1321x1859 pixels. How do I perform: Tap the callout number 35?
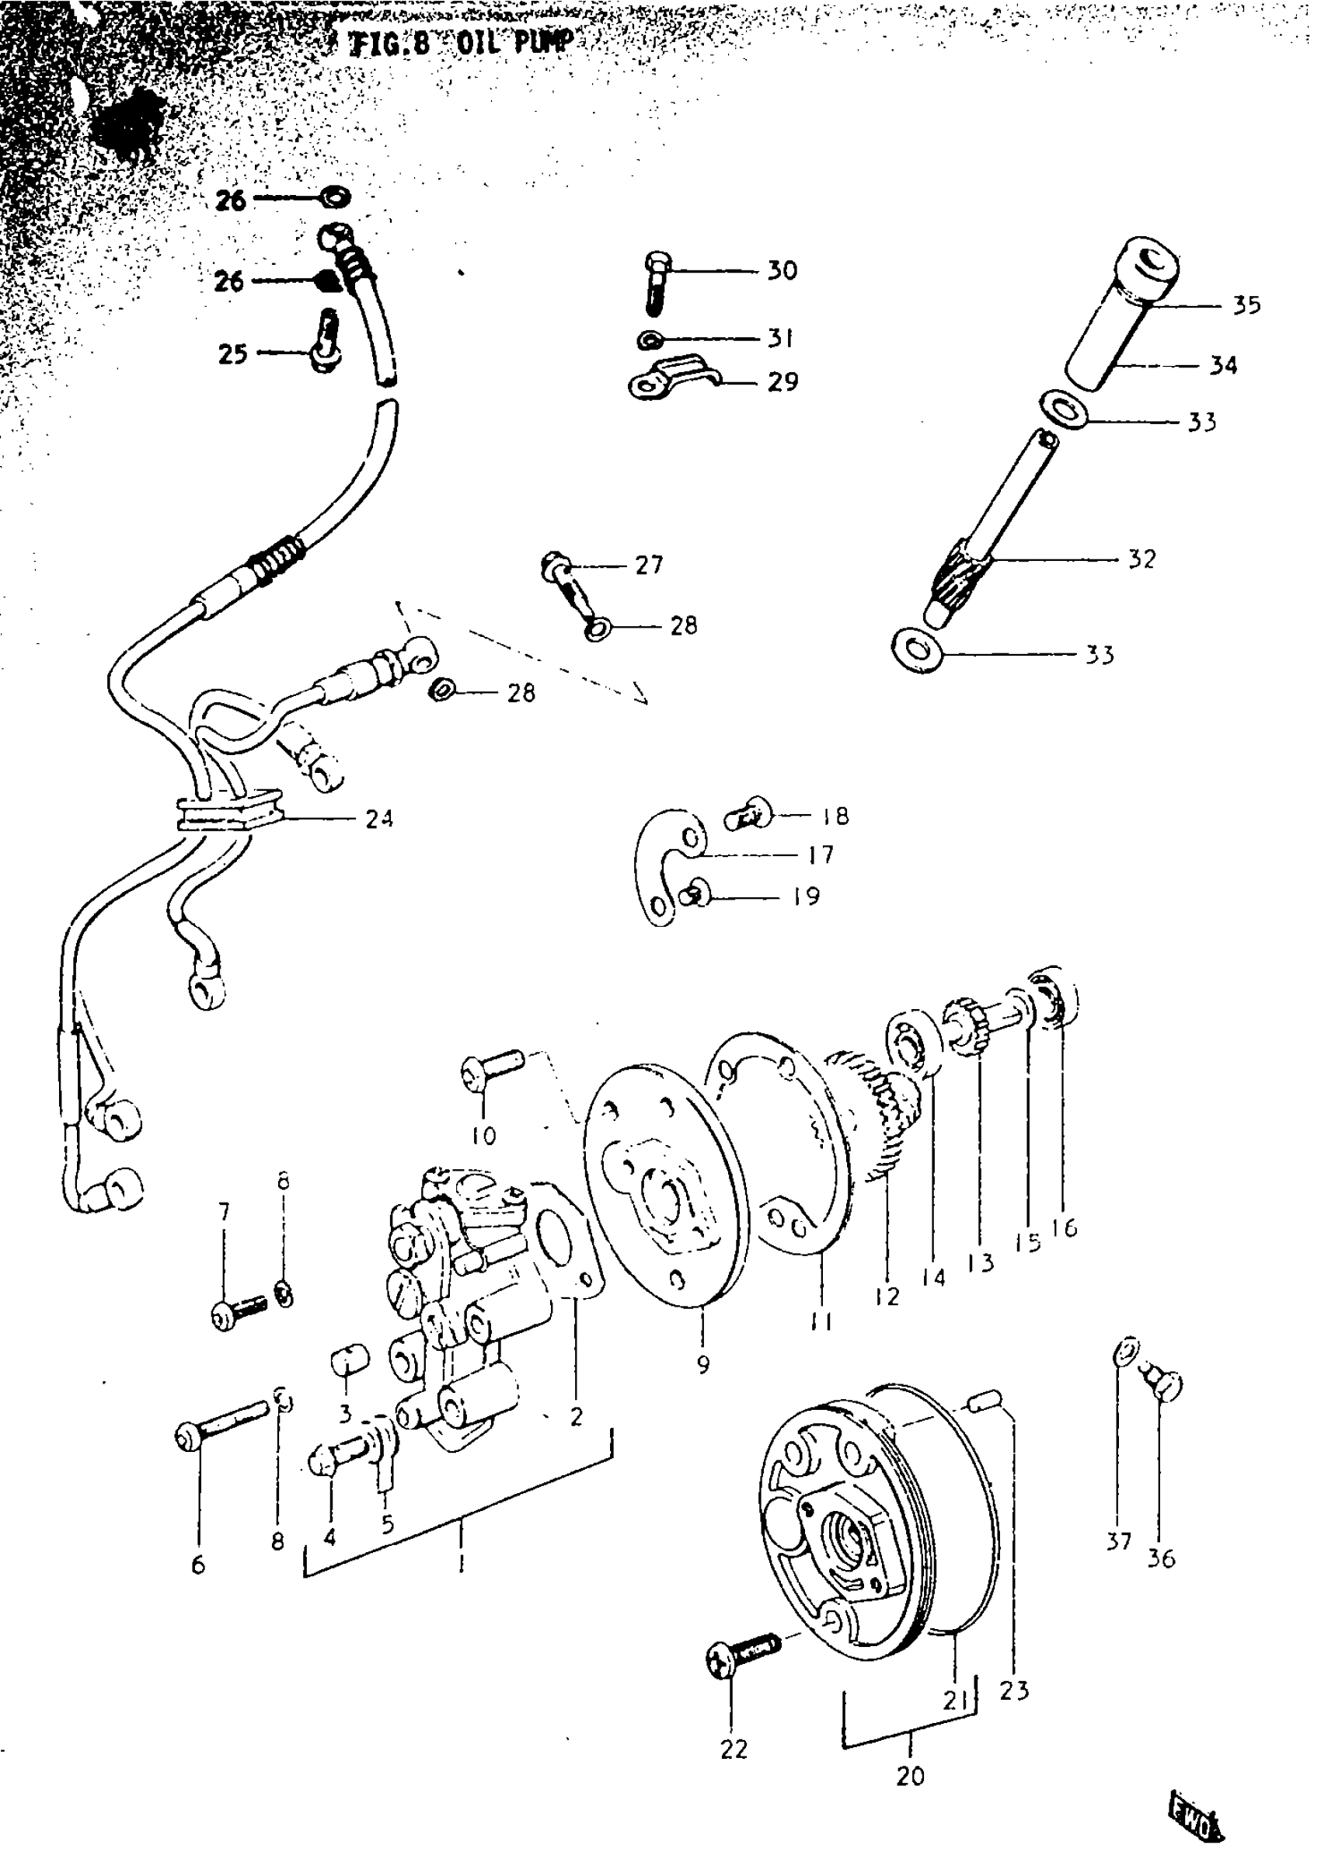pyautogui.click(x=1246, y=305)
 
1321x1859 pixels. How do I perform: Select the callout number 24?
pyautogui.click(x=379, y=818)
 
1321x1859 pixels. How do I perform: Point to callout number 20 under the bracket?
pyautogui.click(x=910, y=1777)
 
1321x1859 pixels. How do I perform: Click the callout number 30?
pyautogui.click(x=782, y=270)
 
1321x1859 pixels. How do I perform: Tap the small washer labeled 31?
pyautogui.click(x=649, y=337)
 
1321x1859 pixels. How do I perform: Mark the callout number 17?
pyautogui.click(x=821, y=854)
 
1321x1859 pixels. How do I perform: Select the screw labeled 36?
pyautogui.click(x=1165, y=1384)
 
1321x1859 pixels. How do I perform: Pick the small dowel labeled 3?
pyautogui.click(x=350, y=1359)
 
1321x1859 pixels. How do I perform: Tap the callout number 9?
pyautogui.click(x=703, y=1365)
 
